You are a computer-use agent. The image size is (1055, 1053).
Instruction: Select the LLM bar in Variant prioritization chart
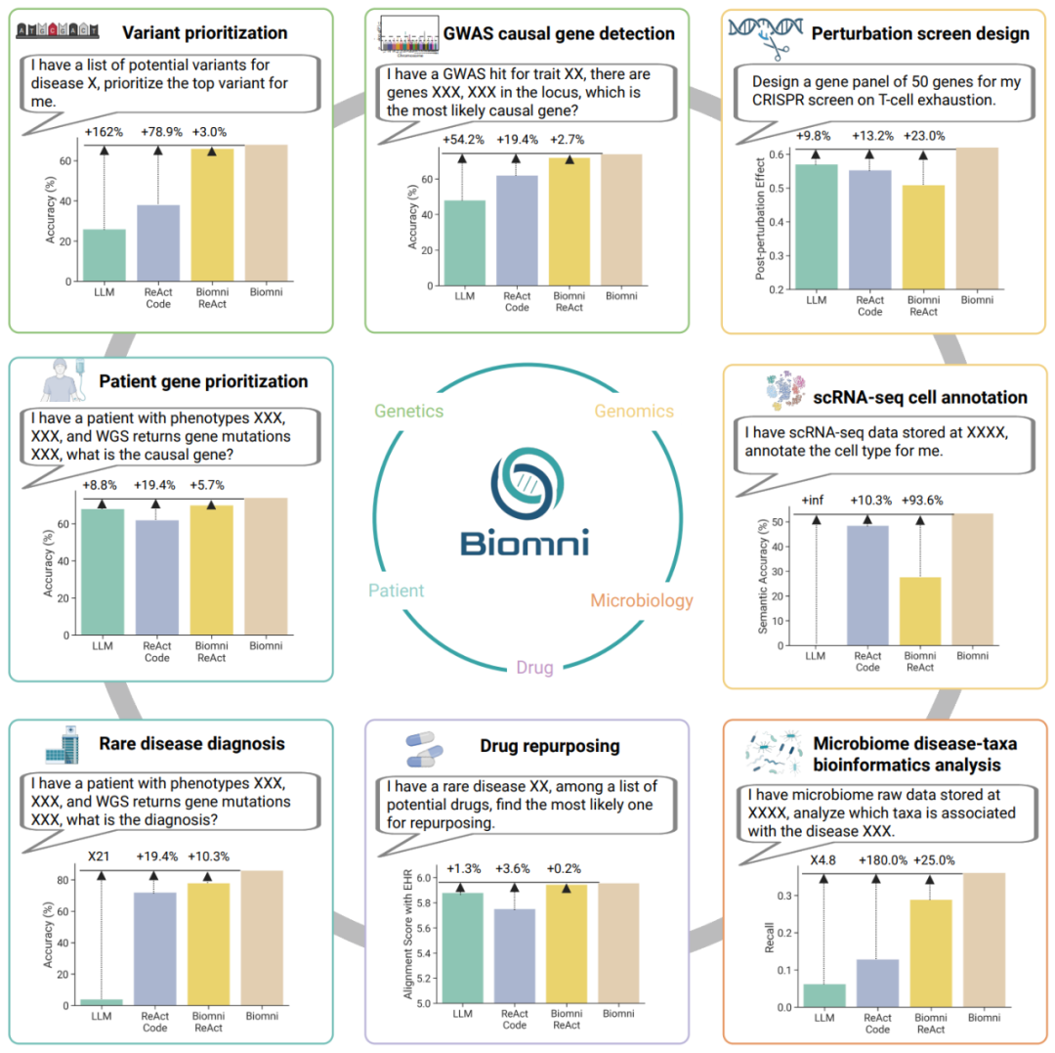pyautogui.click(x=105, y=255)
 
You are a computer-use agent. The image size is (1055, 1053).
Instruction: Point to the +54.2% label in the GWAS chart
pyautogui.click(x=461, y=140)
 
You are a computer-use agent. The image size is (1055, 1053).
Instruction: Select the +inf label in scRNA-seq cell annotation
pyautogui.click(x=813, y=501)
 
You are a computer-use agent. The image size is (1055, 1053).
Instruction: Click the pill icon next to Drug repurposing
pyautogui.click(x=426, y=747)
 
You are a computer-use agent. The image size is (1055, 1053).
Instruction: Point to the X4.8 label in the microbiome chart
pyautogui.click(x=823, y=861)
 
